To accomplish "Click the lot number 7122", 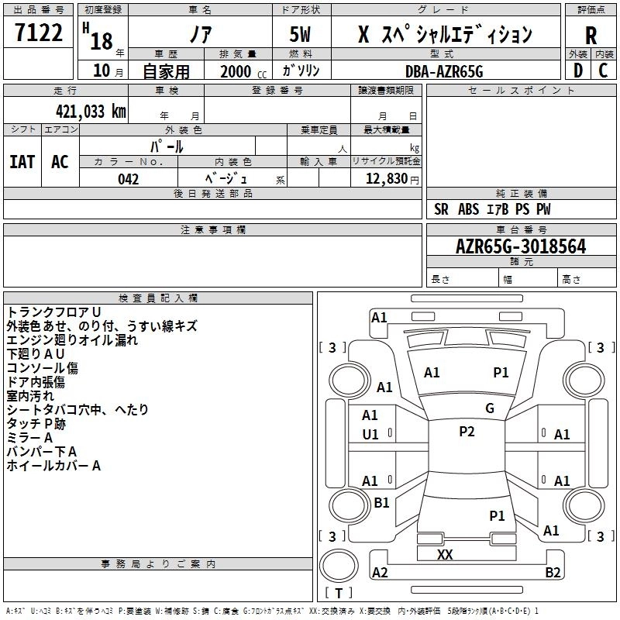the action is [x=39, y=33].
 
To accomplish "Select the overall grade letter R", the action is [x=591, y=36].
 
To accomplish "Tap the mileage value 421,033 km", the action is [x=91, y=112].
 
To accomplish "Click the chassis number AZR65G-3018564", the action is [x=521, y=246].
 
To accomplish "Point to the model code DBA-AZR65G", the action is [x=444, y=71].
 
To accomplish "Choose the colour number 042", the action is [x=129, y=179].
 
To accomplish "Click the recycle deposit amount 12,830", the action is [x=386, y=179].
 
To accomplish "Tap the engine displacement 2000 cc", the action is [x=243, y=71].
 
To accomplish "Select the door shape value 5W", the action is [x=300, y=34].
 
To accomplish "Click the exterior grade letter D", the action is [x=578, y=71].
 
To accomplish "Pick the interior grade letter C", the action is [x=603, y=71].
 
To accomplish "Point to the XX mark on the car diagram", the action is [x=445, y=554].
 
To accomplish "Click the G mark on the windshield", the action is [x=490, y=408].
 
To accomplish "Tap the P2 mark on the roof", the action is [x=467, y=432].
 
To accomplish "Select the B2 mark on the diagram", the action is [x=553, y=572].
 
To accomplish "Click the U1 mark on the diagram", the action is [x=370, y=435].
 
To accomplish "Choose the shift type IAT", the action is [x=22, y=162].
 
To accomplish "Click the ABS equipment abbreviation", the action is [x=469, y=209].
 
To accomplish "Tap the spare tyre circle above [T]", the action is [x=339, y=565].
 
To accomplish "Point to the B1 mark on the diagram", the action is [x=381, y=502].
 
